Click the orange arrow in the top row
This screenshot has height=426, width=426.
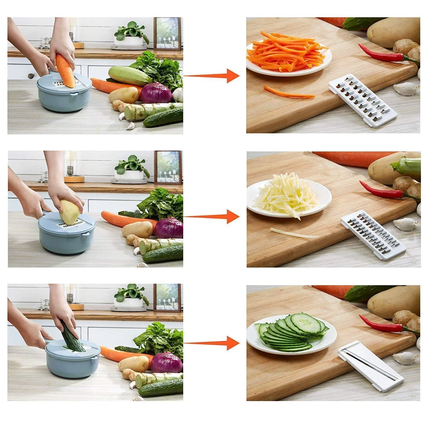[212, 76]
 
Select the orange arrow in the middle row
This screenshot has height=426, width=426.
[212, 217]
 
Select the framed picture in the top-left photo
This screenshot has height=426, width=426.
[168, 34]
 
